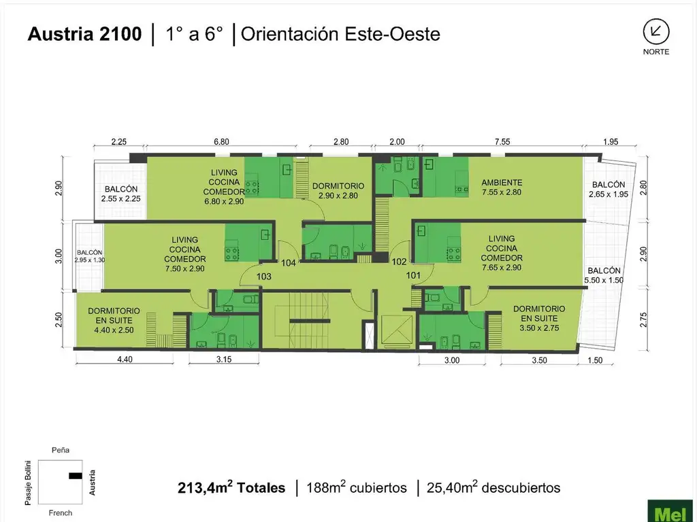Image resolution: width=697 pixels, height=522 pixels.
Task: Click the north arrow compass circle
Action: coord(656,32)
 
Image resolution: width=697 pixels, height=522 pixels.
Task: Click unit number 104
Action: coord(289,263)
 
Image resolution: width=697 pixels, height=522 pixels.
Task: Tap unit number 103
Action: coord(263,277)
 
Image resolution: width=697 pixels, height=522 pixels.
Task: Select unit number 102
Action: coord(399,262)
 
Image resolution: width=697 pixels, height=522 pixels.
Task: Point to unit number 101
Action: coord(413,276)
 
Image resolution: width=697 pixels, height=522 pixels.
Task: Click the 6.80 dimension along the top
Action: coord(221,141)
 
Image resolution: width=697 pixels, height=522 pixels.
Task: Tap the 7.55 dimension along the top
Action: coord(502,141)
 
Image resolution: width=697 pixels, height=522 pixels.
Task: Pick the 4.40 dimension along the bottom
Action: coord(125,359)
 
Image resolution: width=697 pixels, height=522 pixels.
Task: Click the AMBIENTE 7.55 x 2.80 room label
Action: coord(502,188)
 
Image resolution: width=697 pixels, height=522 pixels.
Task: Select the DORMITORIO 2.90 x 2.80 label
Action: coord(338,191)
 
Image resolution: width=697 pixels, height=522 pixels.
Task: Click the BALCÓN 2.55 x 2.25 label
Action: coord(121,194)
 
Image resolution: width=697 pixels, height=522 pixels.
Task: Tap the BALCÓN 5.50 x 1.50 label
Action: coord(604,275)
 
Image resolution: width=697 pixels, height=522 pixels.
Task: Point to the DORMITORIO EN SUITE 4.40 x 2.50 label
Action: coord(114,321)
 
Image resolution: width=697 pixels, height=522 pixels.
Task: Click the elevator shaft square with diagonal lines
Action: coord(398,329)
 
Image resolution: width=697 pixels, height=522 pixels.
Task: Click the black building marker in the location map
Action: coord(76,476)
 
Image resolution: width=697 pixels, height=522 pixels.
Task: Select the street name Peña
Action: coord(61,450)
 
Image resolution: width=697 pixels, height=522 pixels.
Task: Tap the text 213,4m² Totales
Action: coord(231,487)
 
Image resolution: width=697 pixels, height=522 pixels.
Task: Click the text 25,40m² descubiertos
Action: coord(493,487)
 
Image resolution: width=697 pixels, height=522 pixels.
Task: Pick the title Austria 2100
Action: coord(84,34)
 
